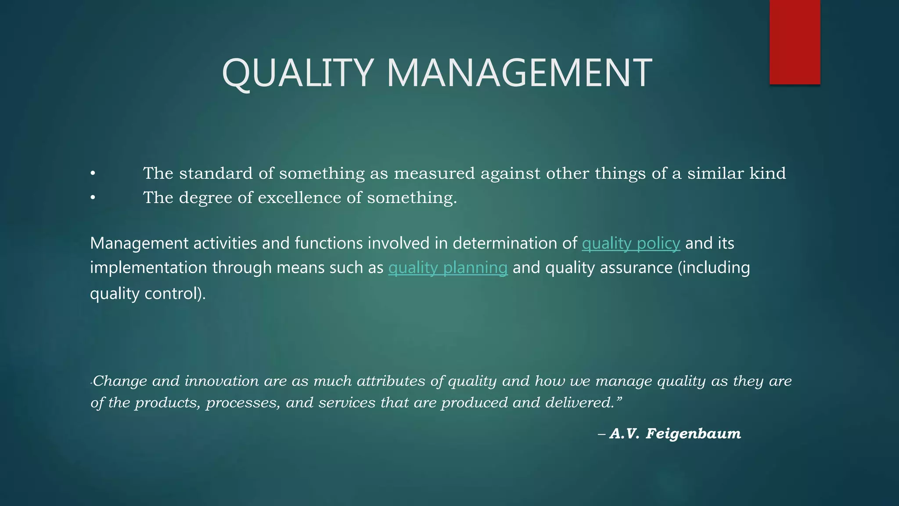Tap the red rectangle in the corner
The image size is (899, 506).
pyautogui.click(x=795, y=42)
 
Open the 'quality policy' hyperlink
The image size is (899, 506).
pyautogui.click(x=631, y=243)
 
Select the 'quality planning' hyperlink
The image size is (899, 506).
pyautogui.click(x=448, y=268)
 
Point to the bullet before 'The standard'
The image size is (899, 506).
pyautogui.click(x=93, y=174)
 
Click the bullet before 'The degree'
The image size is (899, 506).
pyautogui.click(x=93, y=198)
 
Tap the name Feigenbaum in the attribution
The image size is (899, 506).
pyautogui.click(x=693, y=434)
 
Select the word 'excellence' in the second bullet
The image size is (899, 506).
pyautogui.click(x=299, y=198)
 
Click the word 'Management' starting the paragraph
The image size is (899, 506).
pyautogui.click(x=139, y=243)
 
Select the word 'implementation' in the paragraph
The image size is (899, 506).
pyautogui.click(x=148, y=268)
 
